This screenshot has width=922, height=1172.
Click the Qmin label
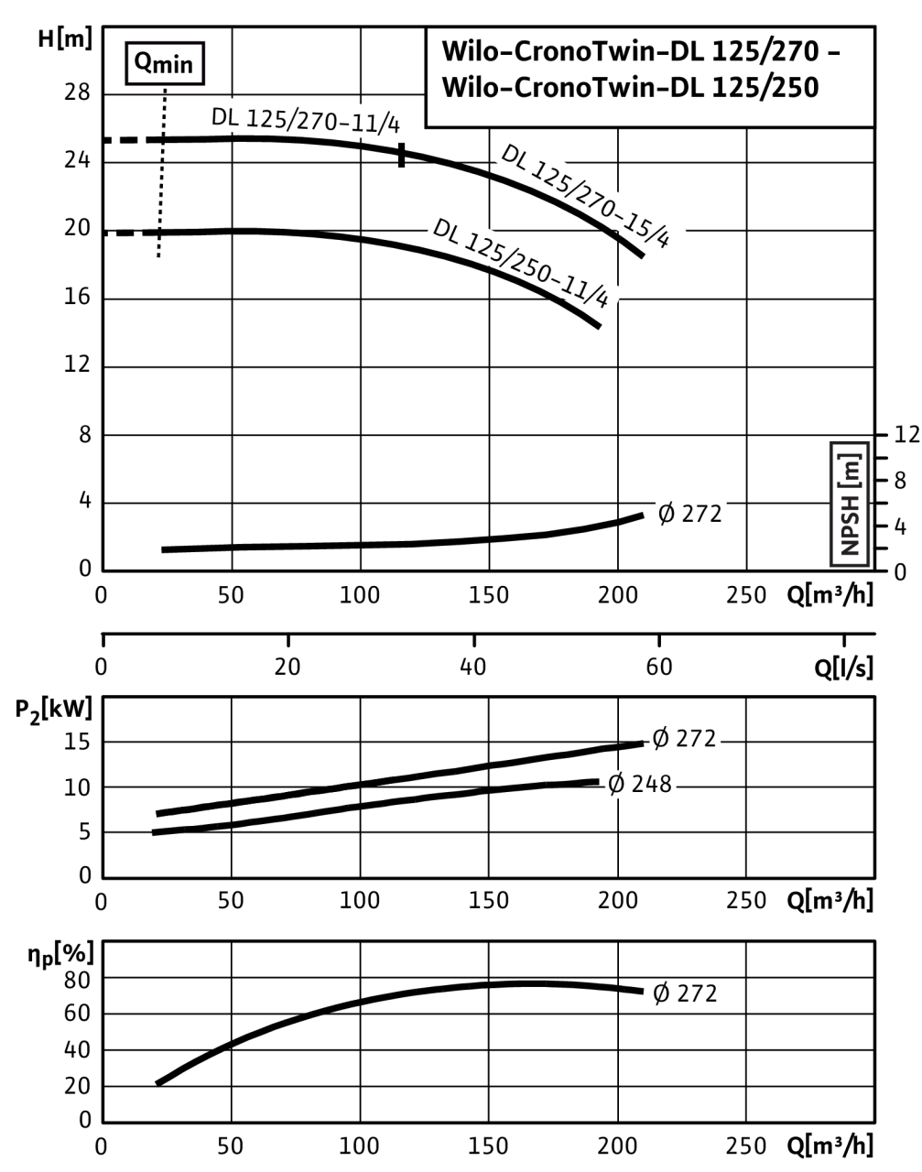pyautogui.click(x=165, y=63)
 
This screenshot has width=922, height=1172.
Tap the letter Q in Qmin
pyautogui.click(x=144, y=62)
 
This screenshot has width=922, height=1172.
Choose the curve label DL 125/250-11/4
pyautogui.click(x=521, y=262)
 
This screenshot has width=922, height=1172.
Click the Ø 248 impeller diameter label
pyautogui.click(x=640, y=784)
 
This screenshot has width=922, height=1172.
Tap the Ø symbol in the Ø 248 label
pyautogui.click(x=616, y=784)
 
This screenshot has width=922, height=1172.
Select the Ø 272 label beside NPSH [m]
pyautogui.click(x=690, y=514)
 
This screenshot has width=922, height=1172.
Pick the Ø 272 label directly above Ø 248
pyautogui.click(x=684, y=738)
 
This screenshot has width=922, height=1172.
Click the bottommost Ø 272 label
pyautogui.click(x=685, y=993)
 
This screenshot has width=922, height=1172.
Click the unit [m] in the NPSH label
pyautogui.click(x=850, y=470)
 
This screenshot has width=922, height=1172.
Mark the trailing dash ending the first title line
pyautogui.click(x=832, y=52)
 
